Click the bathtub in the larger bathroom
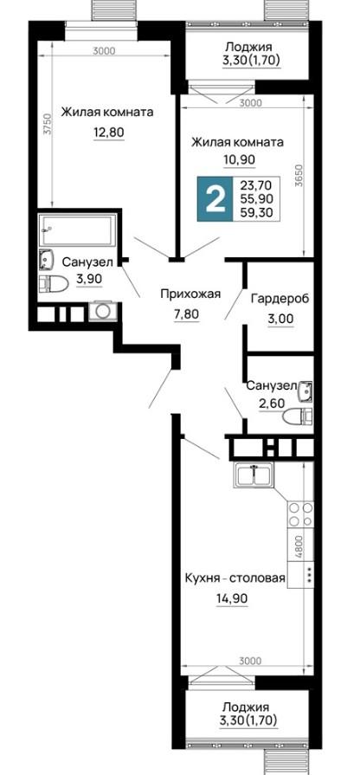click(x=78, y=229)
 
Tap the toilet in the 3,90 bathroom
click(x=54, y=284)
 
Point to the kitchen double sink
click(x=254, y=475)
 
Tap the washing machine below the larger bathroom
click(x=103, y=311)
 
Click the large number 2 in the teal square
click(x=215, y=198)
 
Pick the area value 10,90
click(x=237, y=159)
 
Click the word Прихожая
click(x=190, y=294)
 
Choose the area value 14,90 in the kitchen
click(x=231, y=598)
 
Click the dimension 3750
click(x=47, y=125)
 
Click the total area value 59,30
click(x=256, y=212)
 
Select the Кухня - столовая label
click(x=235, y=578)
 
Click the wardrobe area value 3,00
click(x=280, y=320)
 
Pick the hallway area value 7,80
click(x=186, y=313)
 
